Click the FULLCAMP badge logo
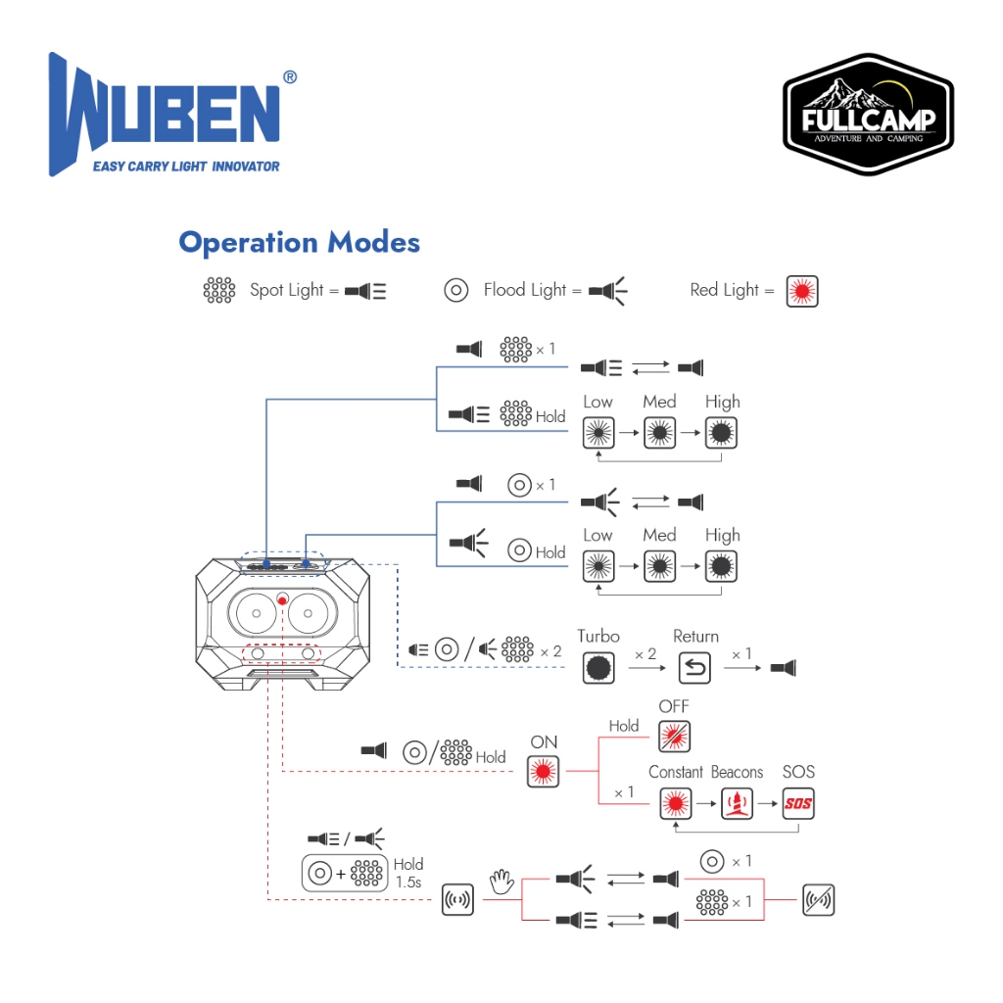point(868,116)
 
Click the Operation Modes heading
point(299,242)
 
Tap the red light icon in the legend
point(802,291)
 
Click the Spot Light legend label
point(286,290)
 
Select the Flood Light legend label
point(524,290)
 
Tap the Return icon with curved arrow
point(694,668)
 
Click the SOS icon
point(798,804)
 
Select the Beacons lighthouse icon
point(736,804)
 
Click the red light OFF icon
point(673,736)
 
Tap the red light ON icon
point(544,773)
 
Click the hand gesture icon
point(501,884)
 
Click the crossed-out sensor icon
point(818,899)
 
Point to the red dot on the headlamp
point(282,598)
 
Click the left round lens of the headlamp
point(256,614)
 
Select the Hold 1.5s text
point(408,873)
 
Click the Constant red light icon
point(673,804)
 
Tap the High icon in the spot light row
point(722,432)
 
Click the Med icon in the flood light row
point(659,566)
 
